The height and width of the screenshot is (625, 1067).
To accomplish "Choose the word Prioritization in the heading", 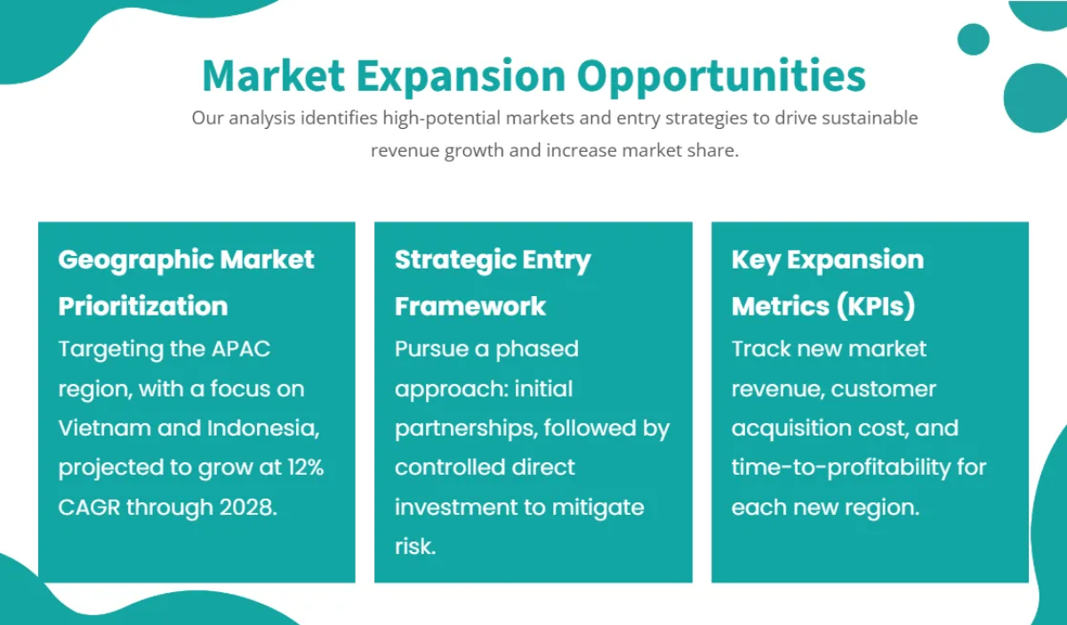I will [x=143, y=306].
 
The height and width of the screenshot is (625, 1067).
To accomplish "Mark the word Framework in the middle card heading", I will [x=470, y=306].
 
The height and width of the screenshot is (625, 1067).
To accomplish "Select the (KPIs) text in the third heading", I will [x=875, y=306].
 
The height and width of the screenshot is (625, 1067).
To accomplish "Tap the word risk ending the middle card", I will [x=414, y=546].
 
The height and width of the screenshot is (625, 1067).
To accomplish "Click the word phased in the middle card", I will [x=537, y=349].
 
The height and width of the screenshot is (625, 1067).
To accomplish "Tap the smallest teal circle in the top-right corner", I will [x=973, y=39].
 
